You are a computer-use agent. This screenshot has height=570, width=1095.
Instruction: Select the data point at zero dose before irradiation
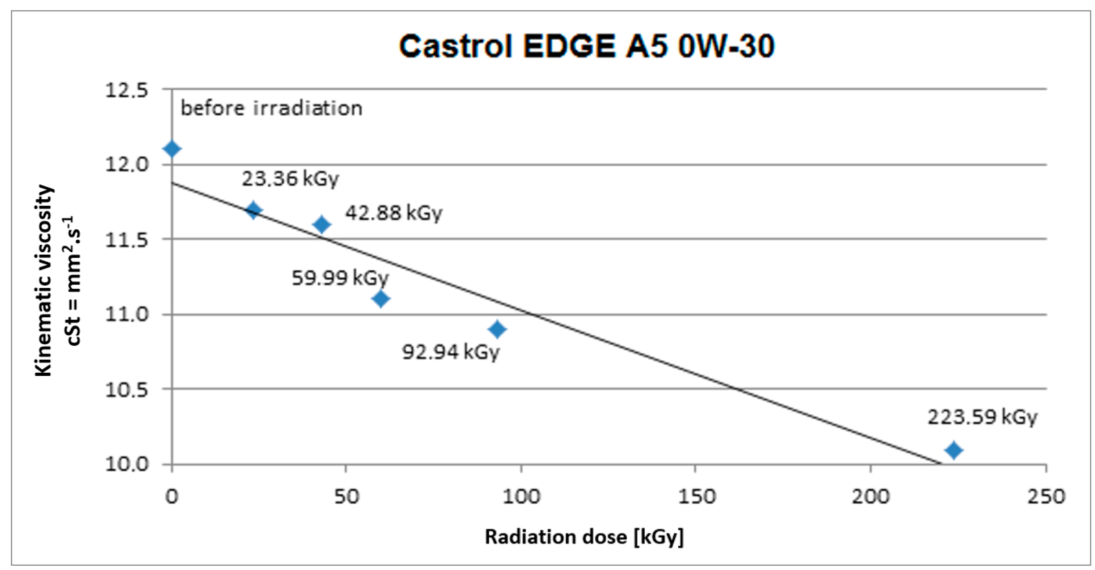pyautogui.click(x=172, y=149)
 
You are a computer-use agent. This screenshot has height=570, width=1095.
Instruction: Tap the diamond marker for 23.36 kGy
pyautogui.click(x=253, y=210)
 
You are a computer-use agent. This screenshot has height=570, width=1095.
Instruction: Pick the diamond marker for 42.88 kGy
pyautogui.click(x=322, y=224)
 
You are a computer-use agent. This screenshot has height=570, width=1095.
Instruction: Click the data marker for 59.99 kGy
pyautogui.click(x=381, y=299)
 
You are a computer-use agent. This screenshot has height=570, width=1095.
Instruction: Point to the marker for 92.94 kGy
pyautogui.click(x=497, y=329)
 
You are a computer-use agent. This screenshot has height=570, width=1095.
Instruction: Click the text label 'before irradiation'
pyautogui.click(x=271, y=108)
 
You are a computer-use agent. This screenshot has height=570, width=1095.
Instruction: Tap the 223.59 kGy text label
pyautogui.click(x=982, y=417)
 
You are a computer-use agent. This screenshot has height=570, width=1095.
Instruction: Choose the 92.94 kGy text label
pyautogui.click(x=451, y=352)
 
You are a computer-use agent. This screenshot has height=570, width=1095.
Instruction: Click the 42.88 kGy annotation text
pyautogui.click(x=394, y=213)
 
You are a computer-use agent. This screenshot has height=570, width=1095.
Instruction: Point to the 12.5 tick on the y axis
pyautogui.click(x=126, y=90)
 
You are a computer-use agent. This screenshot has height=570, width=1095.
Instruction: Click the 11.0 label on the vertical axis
pyautogui.click(x=126, y=315)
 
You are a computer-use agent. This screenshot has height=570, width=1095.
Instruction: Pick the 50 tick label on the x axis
pyautogui.click(x=346, y=497)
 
